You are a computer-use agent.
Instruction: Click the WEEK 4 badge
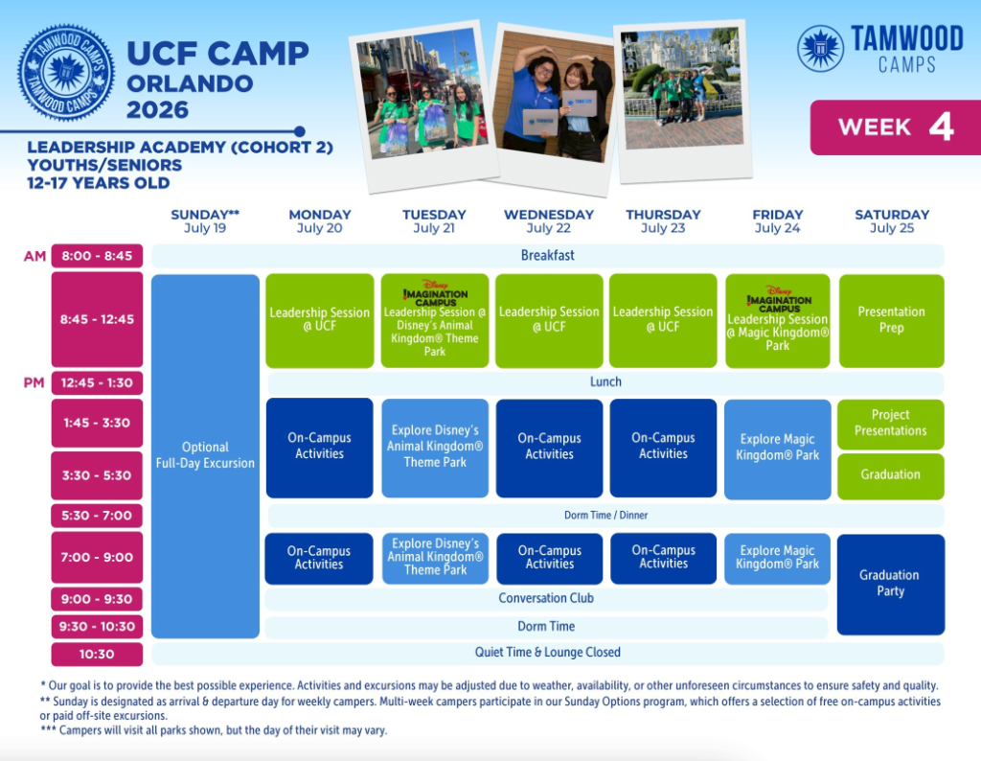point(895,127)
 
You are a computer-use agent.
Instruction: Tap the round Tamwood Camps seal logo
point(66,73)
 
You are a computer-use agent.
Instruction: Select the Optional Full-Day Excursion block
point(205,455)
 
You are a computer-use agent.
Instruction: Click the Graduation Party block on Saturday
point(890,584)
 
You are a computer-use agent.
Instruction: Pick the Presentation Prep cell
point(891,320)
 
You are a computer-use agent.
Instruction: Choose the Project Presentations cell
point(891,424)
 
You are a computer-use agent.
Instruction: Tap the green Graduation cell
point(891,475)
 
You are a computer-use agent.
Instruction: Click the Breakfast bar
point(548,256)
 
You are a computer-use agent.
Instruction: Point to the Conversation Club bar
point(546,599)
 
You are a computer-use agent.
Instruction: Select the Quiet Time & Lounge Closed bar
point(548,653)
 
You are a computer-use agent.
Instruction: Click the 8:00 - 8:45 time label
point(97,256)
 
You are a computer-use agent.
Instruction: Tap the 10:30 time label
point(97,655)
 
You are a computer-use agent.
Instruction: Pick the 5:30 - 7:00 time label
point(97,516)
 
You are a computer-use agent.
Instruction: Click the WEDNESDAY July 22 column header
point(549,220)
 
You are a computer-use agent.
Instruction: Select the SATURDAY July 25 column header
point(892,220)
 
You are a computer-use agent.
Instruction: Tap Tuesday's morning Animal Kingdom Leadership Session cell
point(435,321)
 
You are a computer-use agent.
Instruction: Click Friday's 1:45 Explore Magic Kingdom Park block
point(777,449)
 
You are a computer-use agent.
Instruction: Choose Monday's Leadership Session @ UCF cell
point(319,320)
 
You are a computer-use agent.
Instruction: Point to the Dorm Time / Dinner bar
point(605,516)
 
